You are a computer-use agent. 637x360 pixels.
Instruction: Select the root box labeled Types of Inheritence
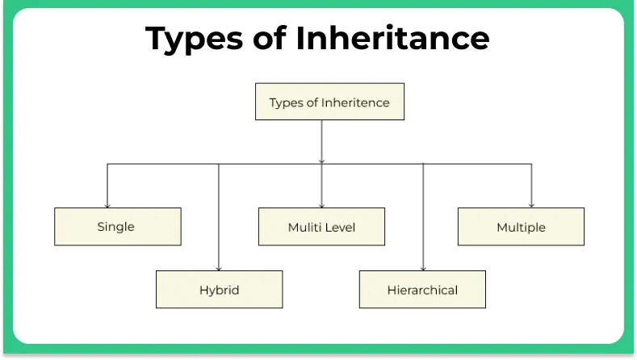329,103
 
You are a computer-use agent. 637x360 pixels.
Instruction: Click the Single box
117,227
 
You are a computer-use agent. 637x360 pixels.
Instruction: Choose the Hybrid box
219,290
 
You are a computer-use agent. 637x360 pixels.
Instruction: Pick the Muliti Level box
321,227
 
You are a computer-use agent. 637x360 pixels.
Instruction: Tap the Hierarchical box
422,290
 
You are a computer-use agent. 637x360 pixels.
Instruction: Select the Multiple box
521,227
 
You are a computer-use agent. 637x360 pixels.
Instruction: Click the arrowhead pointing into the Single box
107,205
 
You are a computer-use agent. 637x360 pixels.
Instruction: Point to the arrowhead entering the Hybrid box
219,268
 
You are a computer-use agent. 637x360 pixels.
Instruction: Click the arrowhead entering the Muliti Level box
321,205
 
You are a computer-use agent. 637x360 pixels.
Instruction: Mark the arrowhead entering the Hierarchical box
423,268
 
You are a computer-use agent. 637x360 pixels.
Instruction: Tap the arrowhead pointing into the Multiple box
531,205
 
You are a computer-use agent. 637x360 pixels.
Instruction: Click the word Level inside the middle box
339,228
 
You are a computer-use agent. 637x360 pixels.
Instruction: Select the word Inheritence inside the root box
356,103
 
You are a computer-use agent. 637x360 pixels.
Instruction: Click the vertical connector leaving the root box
321,141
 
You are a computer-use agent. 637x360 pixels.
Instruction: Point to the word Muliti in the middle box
304,228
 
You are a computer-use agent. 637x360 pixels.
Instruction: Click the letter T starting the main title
157,38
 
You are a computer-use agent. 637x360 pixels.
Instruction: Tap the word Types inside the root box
285,103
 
